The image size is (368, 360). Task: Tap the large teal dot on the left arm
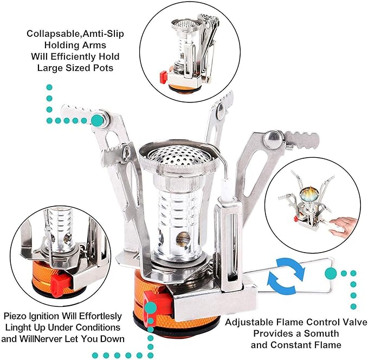(x=97, y=120)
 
